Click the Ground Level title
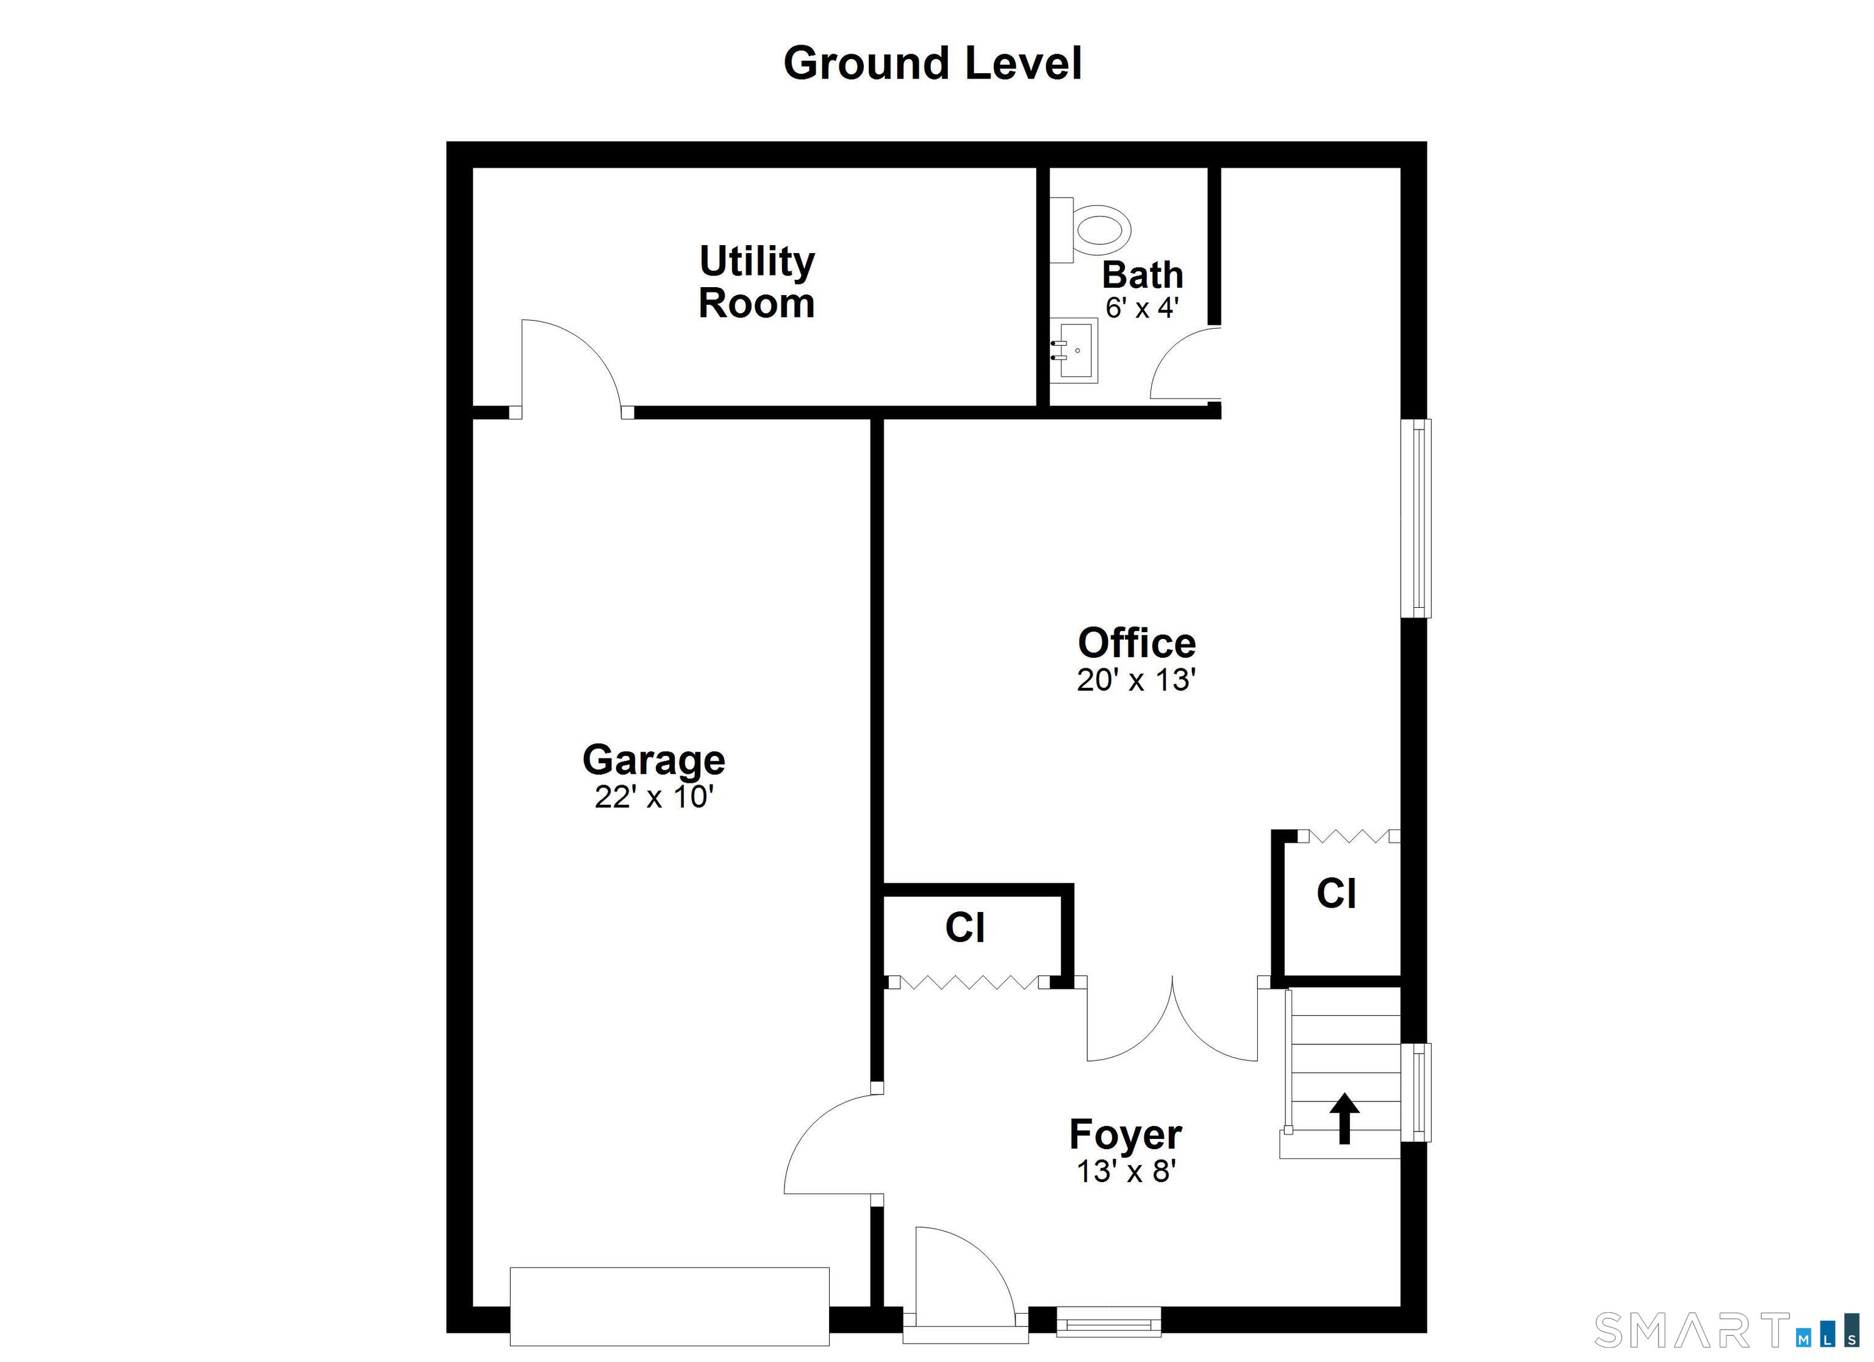(932, 63)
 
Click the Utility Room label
(757, 282)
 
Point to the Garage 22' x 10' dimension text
(653, 797)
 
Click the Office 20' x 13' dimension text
(1136, 680)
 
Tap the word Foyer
(1125, 1134)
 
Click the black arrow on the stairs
(1344, 1118)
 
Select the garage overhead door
(669, 1306)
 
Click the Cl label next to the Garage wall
(965, 927)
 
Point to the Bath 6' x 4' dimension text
(1142, 308)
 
